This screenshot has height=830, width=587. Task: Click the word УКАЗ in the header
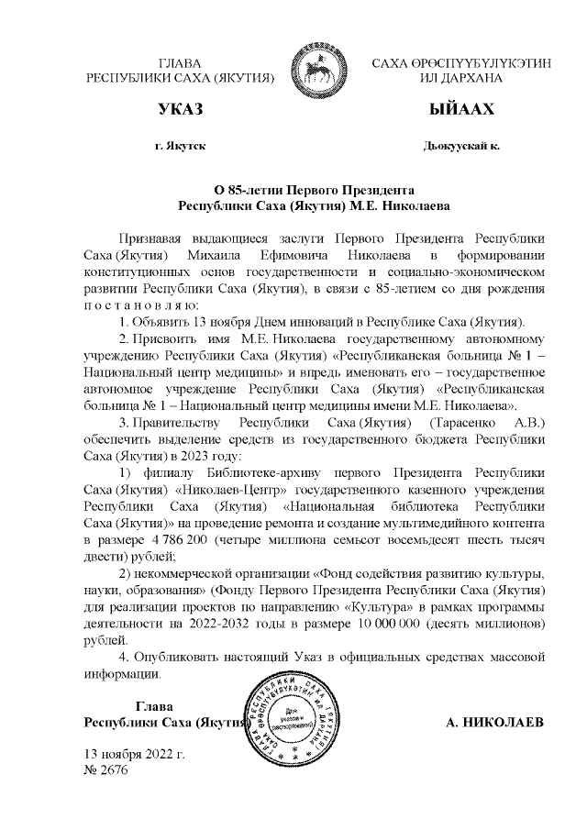pos(181,111)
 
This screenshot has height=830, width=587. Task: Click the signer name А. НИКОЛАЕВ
pos(494,723)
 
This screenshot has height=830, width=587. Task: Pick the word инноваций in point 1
pos(325,322)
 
